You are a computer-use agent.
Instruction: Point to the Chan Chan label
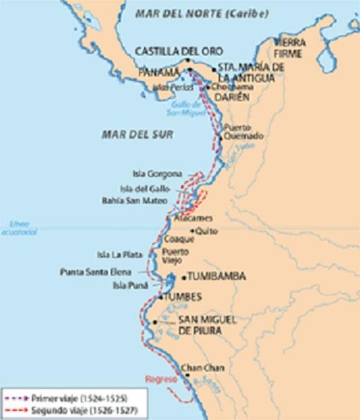tap(201, 368)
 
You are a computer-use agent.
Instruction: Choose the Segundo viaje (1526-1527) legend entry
tap(69, 411)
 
